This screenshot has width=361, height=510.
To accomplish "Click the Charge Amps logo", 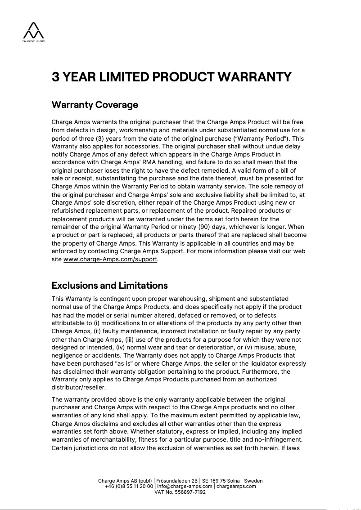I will pyautogui.click(x=34, y=32).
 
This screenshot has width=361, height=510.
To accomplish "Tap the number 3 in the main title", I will pyautogui.click(x=56, y=77).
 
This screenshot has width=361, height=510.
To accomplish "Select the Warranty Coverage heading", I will pyautogui.click(x=95, y=105).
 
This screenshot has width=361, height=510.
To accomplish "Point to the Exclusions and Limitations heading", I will pyautogui.click(x=109, y=286).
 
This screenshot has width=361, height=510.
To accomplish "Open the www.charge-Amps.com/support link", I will pyautogui.click(x=111, y=259).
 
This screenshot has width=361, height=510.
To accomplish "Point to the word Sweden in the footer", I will pyautogui.click(x=253, y=481).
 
